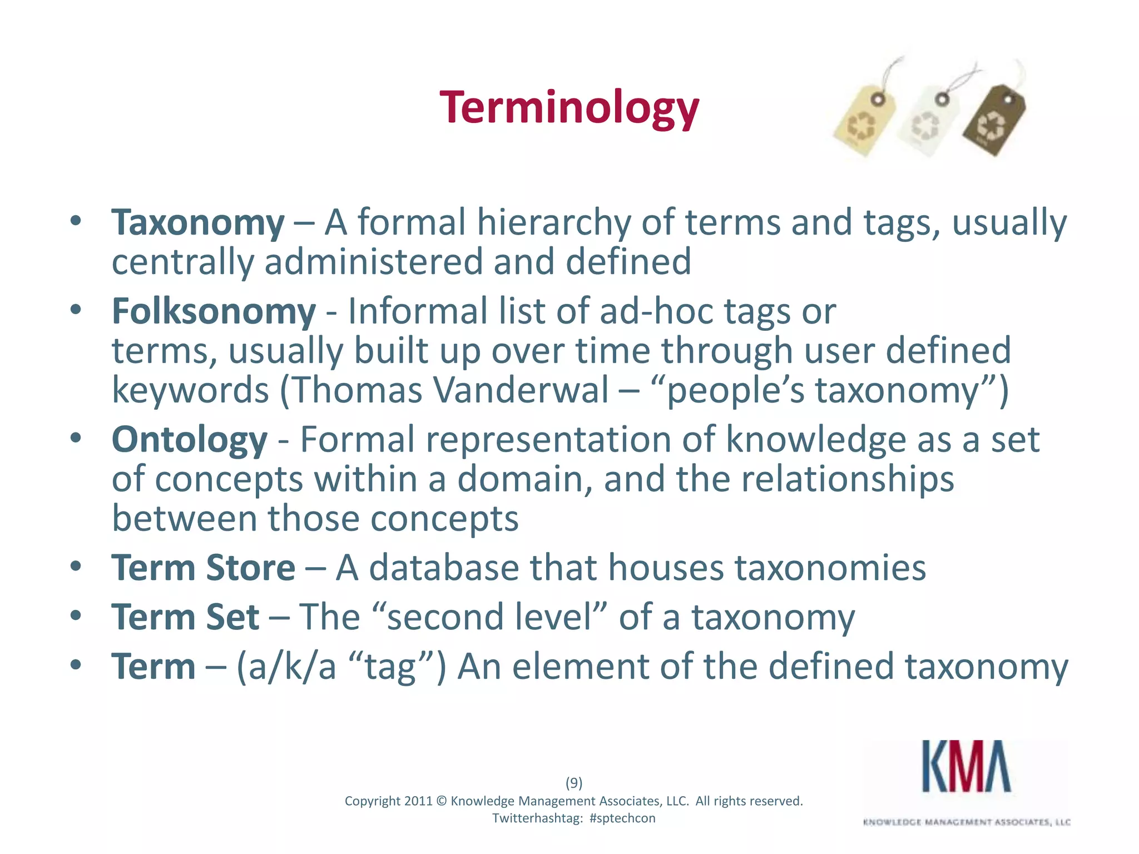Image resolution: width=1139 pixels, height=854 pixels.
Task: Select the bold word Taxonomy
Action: pyautogui.click(x=198, y=223)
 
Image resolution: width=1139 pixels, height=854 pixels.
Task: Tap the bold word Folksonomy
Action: pyautogui.click(x=214, y=311)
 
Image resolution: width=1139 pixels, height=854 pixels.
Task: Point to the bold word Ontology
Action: pyautogui.click(x=189, y=440)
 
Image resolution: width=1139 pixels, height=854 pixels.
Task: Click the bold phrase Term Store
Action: pyautogui.click(x=203, y=568)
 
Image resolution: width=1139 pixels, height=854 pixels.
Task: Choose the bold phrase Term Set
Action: pyautogui.click(x=185, y=617)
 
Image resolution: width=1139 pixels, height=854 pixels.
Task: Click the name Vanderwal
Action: pyautogui.click(x=521, y=390)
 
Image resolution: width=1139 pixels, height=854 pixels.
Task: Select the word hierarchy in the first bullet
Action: pyautogui.click(x=553, y=223)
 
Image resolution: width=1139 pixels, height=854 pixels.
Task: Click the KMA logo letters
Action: pyautogui.click(x=966, y=767)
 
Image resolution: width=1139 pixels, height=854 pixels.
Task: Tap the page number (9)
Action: pyautogui.click(x=574, y=783)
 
